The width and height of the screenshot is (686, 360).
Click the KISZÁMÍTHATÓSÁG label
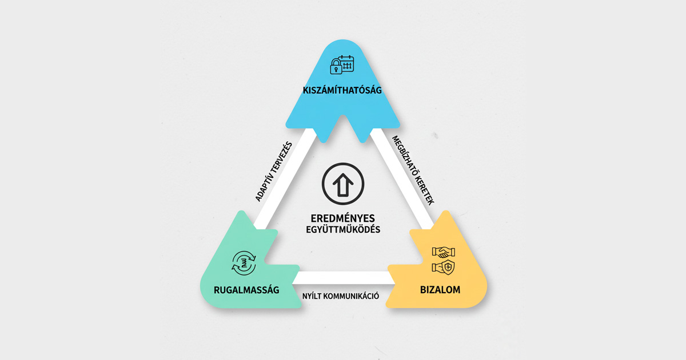[x=342, y=90]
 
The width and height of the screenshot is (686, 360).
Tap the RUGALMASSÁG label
[x=246, y=290]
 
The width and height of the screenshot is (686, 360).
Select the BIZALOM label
[x=440, y=290]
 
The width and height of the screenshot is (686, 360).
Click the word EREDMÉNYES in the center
[x=342, y=218]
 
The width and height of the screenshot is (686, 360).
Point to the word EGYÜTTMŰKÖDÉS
[x=343, y=229]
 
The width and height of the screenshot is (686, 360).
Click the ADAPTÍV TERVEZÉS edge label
[x=274, y=172]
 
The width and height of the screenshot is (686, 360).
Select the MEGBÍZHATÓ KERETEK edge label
[x=413, y=170]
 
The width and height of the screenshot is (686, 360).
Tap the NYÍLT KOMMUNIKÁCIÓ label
[x=341, y=296]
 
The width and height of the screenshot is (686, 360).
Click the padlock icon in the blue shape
[x=336, y=66]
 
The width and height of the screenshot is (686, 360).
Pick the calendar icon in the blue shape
[x=346, y=63]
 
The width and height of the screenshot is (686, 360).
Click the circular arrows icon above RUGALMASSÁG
[x=244, y=263]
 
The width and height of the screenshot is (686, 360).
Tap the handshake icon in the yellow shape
[x=444, y=253]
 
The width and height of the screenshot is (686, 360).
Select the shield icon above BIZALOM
[x=448, y=267]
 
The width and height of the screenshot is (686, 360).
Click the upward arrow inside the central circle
[x=343, y=185]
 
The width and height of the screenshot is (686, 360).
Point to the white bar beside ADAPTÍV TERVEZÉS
[x=285, y=178]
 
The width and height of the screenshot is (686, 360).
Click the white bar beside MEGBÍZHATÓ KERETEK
[x=401, y=178]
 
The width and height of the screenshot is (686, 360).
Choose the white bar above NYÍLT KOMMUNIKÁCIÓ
[x=343, y=278]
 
